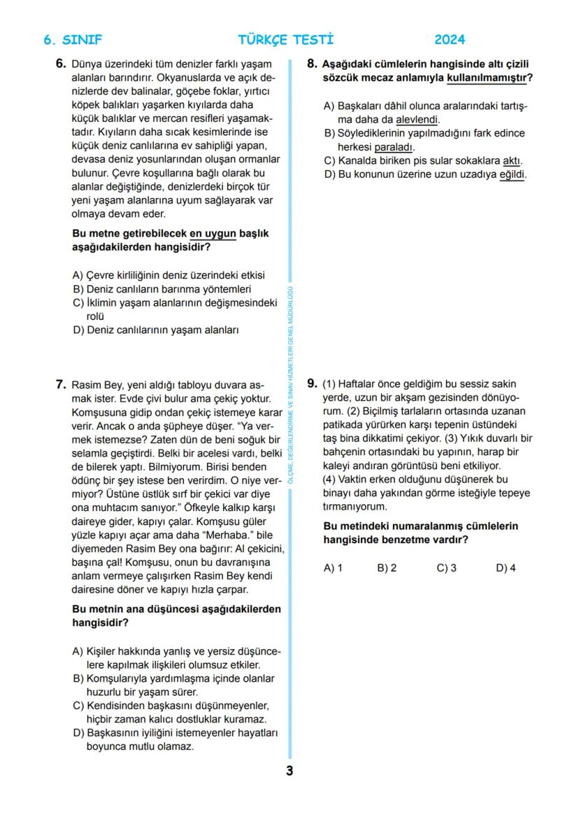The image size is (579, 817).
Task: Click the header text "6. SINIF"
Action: coord(73,40)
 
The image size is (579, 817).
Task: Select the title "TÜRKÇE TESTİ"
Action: coord(286,40)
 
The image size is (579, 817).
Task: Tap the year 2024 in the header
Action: coord(450,40)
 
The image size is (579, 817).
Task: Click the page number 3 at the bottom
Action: coord(289,771)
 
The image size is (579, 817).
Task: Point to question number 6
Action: coord(61,64)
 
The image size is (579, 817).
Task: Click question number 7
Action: coord(61,384)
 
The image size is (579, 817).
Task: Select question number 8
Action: coord(313,64)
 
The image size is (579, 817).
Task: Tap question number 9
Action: coord(313,384)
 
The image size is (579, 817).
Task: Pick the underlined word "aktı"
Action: coord(513,160)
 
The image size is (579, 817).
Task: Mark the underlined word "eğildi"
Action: coord(512,174)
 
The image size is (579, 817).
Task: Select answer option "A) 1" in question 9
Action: coord(333,568)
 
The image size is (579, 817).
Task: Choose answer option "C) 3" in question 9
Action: coord(446,568)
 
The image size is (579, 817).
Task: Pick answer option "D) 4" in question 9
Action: coord(506,568)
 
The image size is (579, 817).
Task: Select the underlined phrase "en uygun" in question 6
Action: coord(213,233)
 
